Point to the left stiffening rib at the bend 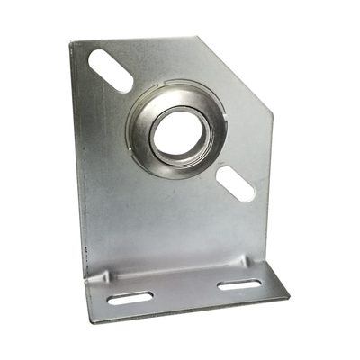point(112,274)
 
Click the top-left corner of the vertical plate point(69,37)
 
